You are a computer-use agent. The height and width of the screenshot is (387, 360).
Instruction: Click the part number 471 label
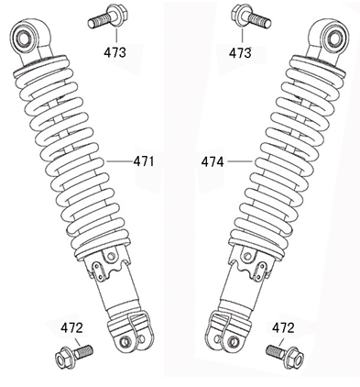click(144, 161)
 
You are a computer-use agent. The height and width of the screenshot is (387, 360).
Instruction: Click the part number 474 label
click(213, 161)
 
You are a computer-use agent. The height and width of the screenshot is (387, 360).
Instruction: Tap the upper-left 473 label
click(115, 52)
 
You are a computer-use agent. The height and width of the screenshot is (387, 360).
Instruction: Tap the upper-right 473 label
click(240, 52)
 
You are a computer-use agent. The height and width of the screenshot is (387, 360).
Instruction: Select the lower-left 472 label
click(71, 328)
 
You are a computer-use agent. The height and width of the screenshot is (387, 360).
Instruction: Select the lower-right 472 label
click(283, 328)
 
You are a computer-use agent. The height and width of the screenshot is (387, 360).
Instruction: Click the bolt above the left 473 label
click(108, 17)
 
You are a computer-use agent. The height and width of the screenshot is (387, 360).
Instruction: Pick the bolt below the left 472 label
click(74, 356)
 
